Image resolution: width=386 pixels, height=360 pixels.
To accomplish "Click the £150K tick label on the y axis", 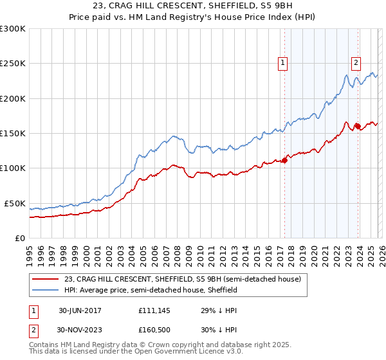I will point(13,133).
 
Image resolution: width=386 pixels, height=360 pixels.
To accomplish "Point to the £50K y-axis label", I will point(15,203).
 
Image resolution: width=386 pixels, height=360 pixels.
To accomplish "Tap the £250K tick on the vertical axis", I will point(13,64).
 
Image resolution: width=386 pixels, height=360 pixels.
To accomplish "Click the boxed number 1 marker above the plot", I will point(283,62).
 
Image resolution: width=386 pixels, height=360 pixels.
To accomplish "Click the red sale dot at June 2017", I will point(284,161).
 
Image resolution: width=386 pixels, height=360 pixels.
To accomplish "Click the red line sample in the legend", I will point(46,279).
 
